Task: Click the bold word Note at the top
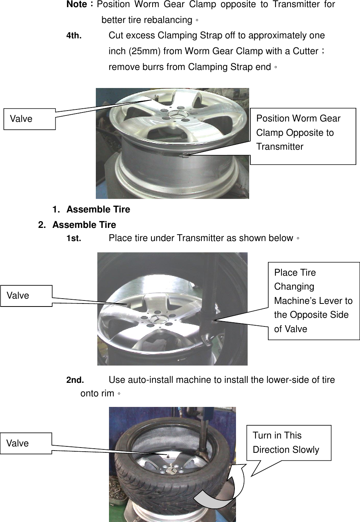77,5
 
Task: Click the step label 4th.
74,36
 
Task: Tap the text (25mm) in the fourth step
144,51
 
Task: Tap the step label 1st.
74,238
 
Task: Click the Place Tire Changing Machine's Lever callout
313,301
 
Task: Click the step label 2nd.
75,380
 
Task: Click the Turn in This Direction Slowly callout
288,443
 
